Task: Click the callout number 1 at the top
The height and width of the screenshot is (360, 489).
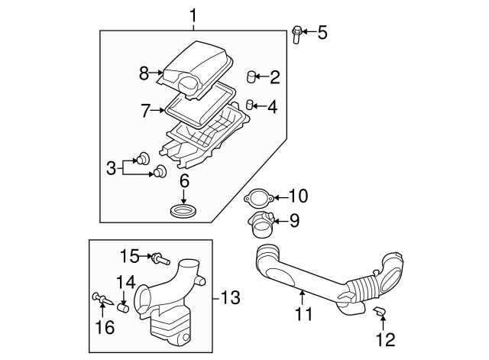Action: (x=193, y=15)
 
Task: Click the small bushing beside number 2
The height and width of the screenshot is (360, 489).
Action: (x=251, y=76)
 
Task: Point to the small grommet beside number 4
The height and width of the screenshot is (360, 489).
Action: (x=250, y=105)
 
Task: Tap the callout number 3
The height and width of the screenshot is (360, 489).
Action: (x=111, y=167)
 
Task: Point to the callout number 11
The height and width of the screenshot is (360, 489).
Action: (x=304, y=313)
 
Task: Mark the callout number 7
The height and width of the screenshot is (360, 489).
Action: (x=145, y=111)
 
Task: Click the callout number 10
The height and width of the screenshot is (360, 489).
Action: (x=297, y=196)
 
